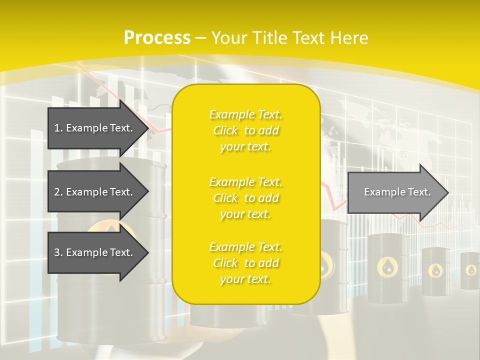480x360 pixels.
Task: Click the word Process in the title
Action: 157,37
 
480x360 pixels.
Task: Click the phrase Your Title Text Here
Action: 290,37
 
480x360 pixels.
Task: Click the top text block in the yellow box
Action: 245,130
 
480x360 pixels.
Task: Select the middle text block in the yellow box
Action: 245,198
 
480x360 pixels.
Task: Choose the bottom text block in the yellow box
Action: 245,263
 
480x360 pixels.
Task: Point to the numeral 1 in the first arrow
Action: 57,128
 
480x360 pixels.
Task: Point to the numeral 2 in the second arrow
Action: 57,192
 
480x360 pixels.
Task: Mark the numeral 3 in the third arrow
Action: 57,252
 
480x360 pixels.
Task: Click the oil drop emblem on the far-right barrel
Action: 471,270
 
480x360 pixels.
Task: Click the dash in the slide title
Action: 201,38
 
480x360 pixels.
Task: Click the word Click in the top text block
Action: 226,130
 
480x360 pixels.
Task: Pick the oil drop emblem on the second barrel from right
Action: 435,270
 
